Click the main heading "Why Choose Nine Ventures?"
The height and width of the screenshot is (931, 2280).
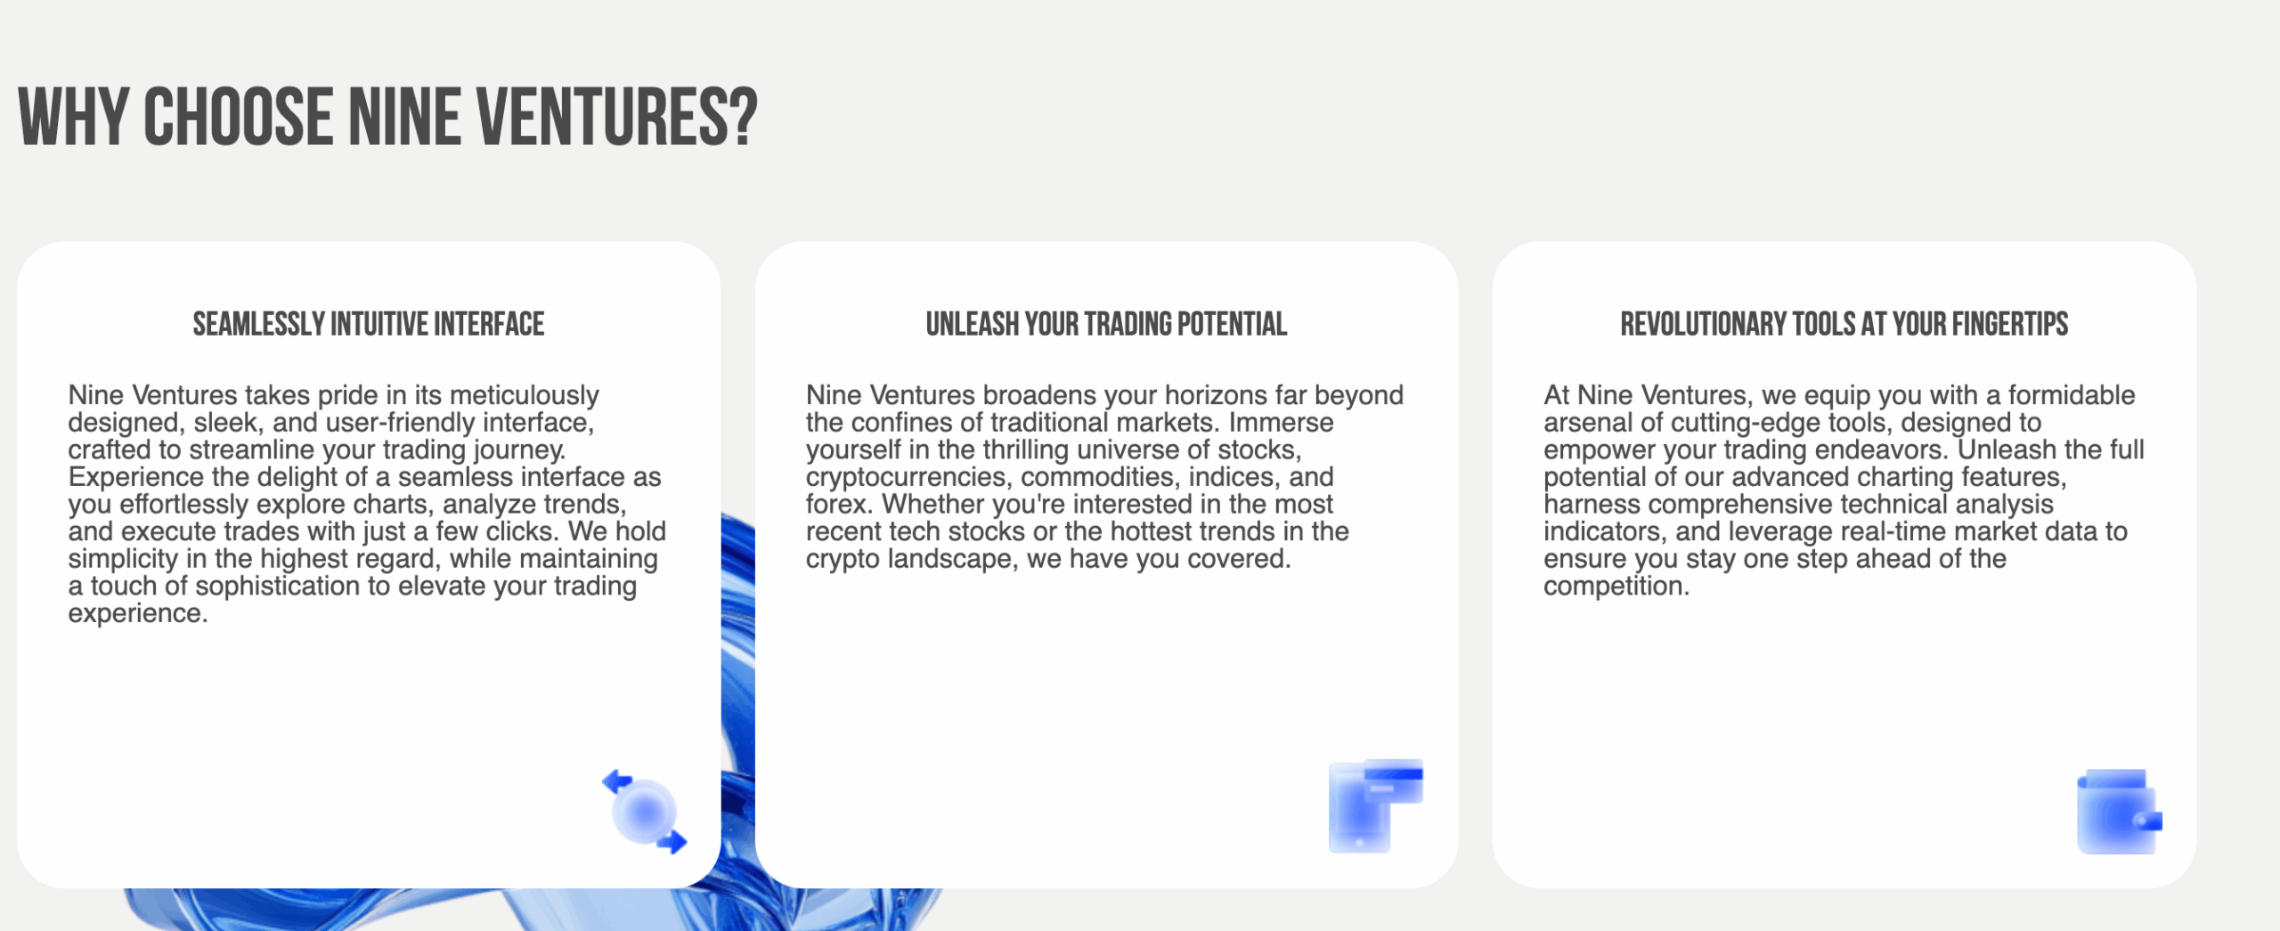tap(387, 117)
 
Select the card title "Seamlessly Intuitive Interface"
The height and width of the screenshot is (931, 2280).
tap(369, 324)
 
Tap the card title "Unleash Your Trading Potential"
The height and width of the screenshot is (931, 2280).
tap(1106, 324)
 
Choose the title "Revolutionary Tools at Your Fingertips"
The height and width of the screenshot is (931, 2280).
tap(1844, 324)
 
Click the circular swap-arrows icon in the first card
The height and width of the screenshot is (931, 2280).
tap(644, 812)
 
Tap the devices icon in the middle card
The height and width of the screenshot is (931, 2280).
tap(1375, 806)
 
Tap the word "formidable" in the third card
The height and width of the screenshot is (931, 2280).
tap(2072, 395)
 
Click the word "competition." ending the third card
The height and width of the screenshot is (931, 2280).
tap(1616, 586)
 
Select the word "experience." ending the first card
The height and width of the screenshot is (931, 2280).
tap(138, 614)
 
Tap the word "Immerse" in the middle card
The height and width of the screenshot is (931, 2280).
tap(1282, 423)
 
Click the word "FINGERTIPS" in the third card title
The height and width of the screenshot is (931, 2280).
tap(2010, 324)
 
